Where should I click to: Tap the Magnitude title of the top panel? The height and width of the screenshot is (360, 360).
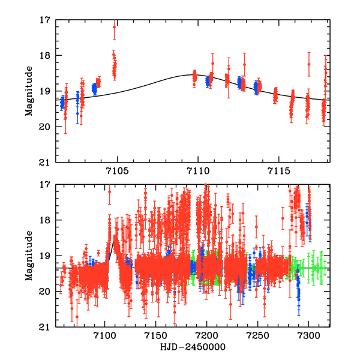click(x=29, y=91)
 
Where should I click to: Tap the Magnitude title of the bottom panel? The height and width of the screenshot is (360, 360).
click(x=29, y=256)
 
